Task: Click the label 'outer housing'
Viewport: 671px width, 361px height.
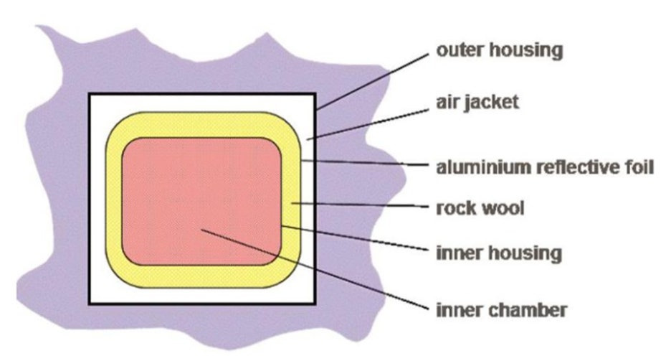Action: (x=500, y=52)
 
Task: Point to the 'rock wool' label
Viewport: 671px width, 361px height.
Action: (x=480, y=209)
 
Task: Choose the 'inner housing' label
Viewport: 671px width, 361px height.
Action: (x=499, y=253)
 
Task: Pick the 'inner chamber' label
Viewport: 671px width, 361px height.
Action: (x=502, y=310)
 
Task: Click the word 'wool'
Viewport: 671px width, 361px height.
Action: (x=504, y=209)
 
